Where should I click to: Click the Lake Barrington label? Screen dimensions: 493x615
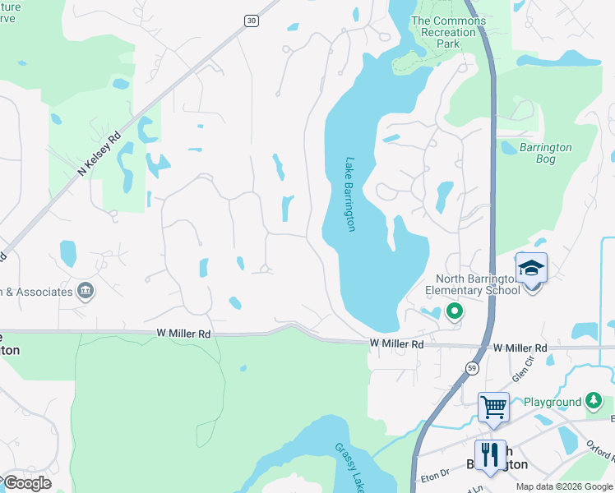tap(350, 195)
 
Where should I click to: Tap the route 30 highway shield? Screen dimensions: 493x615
tap(250, 21)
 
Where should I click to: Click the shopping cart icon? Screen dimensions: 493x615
tap(493, 406)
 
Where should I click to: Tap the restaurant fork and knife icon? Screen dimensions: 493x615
tap(490, 454)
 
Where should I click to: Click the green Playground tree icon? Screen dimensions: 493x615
tap(594, 401)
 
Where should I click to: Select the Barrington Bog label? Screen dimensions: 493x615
tap(546, 154)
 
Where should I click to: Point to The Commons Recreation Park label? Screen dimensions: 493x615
tap(444, 32)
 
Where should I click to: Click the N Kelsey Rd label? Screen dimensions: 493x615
tap(99, 154)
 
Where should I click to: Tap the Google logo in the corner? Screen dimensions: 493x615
tap(27, 483)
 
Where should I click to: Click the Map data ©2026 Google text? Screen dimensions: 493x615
tap(564, 486)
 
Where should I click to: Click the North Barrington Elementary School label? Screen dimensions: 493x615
tap(472, 284)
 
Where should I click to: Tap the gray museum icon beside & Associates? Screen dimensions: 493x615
tap(86, 291)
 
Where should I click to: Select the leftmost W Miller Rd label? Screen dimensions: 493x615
tap(183, 334)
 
